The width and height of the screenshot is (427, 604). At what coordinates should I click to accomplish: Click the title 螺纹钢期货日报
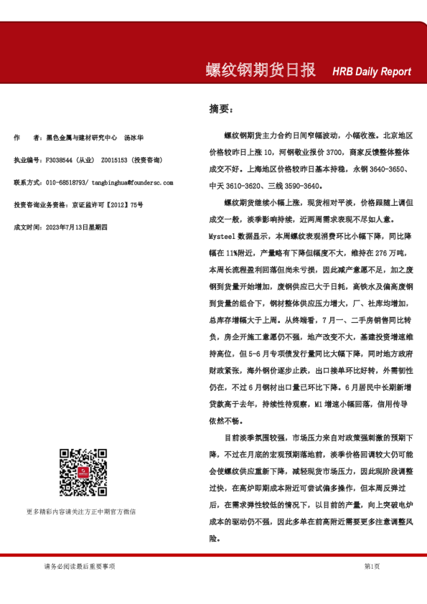pos(261,70)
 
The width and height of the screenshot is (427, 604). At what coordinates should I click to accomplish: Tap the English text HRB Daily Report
pos(372,72)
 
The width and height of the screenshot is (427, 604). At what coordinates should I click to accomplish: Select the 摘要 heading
pos(220,109)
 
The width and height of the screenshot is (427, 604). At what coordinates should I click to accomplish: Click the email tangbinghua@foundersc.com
pos(133,183)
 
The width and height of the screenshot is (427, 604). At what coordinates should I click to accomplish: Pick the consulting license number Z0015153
pos(115,160)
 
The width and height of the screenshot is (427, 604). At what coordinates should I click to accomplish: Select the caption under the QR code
pos(81,511)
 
